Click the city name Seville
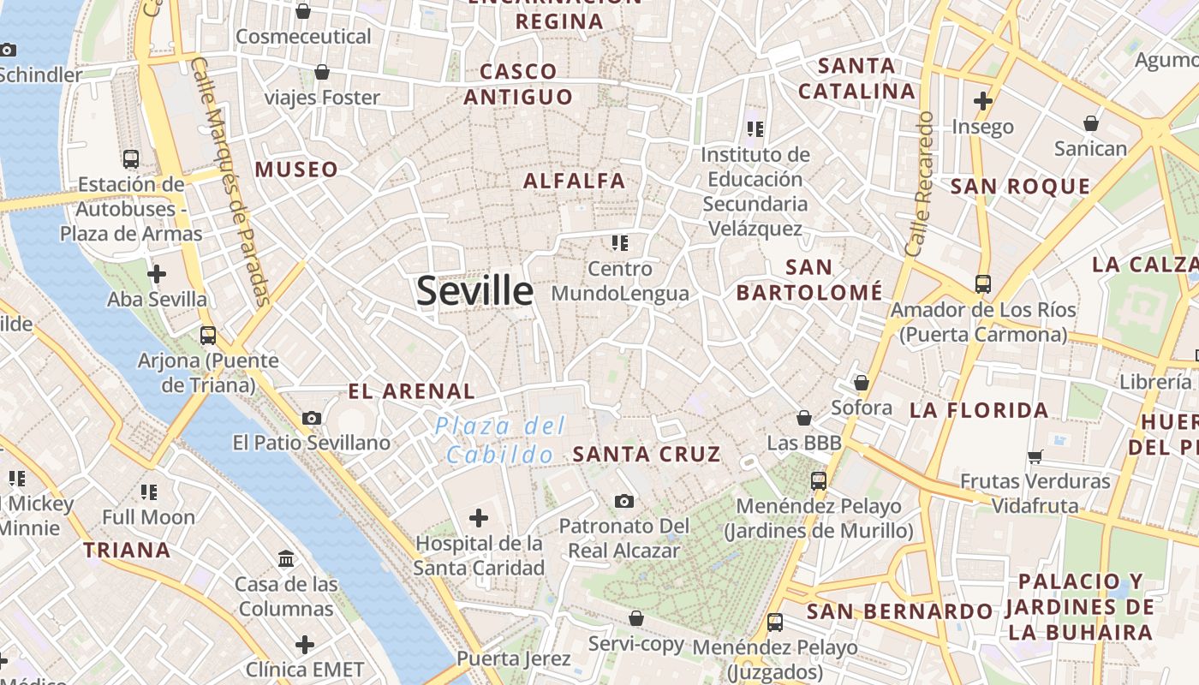[474, 291]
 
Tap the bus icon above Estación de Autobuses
[131, 158]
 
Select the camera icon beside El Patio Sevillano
[312, 418]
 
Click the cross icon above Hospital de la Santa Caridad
[479, 517]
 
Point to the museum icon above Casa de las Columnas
[286, 559]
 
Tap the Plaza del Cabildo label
[500, 439]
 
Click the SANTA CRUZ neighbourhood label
[647, 454]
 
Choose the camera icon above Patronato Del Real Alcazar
[624, 501]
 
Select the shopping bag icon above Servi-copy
[636, 618]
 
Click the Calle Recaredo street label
[918, 183]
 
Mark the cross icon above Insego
[983, 101]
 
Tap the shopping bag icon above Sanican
[1090, 124]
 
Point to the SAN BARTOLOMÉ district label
[809, 280]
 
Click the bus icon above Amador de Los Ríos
[983, 283]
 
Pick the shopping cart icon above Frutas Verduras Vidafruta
[1035, 456]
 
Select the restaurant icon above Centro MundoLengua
[620, 243]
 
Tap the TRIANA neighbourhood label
[127, 550]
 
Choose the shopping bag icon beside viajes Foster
[322, 72]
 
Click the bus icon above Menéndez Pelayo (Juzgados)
[775, 622]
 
